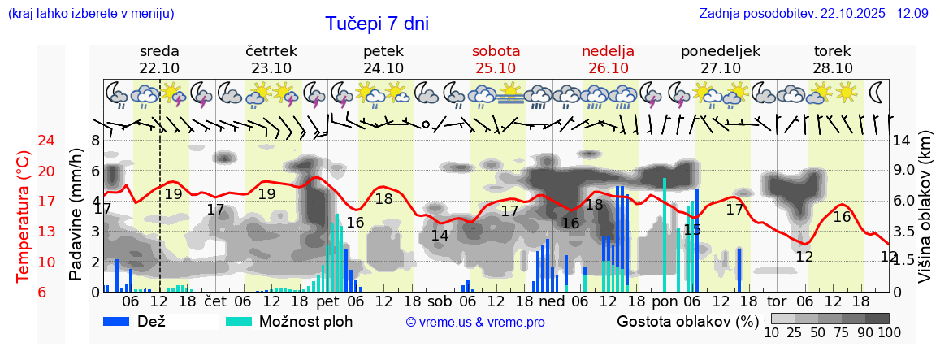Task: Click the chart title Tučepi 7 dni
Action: point(377,24)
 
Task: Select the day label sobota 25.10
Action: point(496,59)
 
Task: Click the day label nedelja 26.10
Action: point(608,59)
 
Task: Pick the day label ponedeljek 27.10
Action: point(720,59)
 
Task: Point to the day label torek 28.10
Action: point(833,59)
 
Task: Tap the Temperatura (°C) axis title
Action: point(24,216)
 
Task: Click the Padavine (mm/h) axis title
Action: point(76,215)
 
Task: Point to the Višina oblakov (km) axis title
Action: point(925,216)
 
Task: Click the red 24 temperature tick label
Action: point(24,141)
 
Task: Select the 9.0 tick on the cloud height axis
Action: point(903,171)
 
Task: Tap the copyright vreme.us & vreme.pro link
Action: point(475,322)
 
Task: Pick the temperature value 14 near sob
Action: point(440,236)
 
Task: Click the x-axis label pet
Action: point(327,301)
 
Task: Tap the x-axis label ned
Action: point(552,301)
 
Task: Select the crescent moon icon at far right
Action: point(877,92)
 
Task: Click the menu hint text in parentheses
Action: point(90,13)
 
